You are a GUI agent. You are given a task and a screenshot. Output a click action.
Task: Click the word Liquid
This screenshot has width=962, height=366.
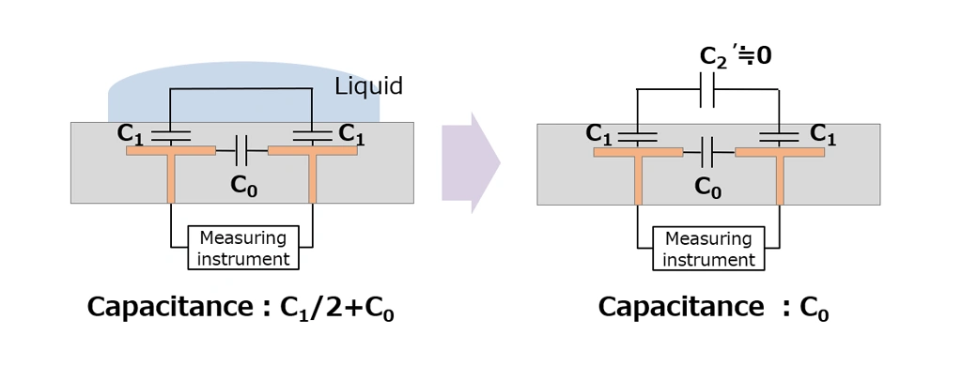[368, 86]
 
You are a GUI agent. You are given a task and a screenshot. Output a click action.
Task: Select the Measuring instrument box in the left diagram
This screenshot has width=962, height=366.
[242, 248]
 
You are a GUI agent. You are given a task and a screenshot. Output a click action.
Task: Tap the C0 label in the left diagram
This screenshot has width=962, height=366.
[244, 185]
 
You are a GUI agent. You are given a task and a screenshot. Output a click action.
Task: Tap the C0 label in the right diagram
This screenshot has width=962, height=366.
[708, 186]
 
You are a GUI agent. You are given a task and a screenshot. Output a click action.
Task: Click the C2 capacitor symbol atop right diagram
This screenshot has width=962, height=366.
[709, 91]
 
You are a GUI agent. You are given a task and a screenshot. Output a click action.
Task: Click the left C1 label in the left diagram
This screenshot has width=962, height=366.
[132, 133]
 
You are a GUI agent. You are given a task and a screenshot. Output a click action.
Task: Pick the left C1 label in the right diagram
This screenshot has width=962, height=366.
[599, 133]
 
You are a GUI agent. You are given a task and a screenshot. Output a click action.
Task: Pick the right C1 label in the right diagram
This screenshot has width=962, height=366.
[823, 134]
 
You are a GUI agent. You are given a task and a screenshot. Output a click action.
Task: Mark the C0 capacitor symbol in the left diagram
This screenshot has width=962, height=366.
[241, 149]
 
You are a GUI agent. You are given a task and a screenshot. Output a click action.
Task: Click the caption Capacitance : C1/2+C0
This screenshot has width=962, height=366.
[240, 308]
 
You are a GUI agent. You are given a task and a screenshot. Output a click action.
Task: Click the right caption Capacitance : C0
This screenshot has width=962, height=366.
[713, 308]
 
